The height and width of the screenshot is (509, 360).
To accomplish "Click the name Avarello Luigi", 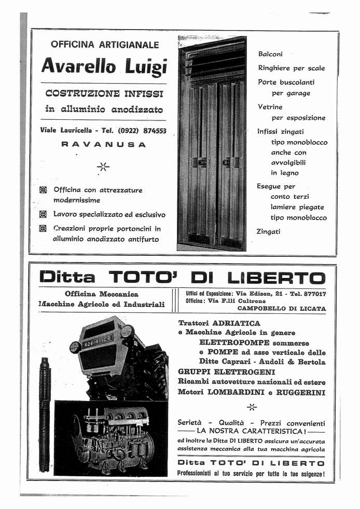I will pyautogui.click(x=104, y=66).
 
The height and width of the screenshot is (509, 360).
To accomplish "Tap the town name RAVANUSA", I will pyautogui.click(x=103, y=145).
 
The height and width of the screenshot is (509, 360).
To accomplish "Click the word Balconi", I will pyautogui.click(x=270, y=54).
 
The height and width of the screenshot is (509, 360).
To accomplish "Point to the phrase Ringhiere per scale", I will pyautogui.click(x=292, y=68).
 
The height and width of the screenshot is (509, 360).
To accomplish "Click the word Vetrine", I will pyautogui.click(x=270, y=107).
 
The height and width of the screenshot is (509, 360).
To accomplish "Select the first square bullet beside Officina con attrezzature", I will pyautogui.click(x=43, y=190).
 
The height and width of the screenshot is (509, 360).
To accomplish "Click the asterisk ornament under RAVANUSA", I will pyautogui.click(x=103, y=167).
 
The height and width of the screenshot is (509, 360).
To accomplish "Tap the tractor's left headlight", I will pyautogui.click(x=76, y=347).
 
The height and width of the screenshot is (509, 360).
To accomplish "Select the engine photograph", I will pyautogui.click(x=111, y=437).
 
